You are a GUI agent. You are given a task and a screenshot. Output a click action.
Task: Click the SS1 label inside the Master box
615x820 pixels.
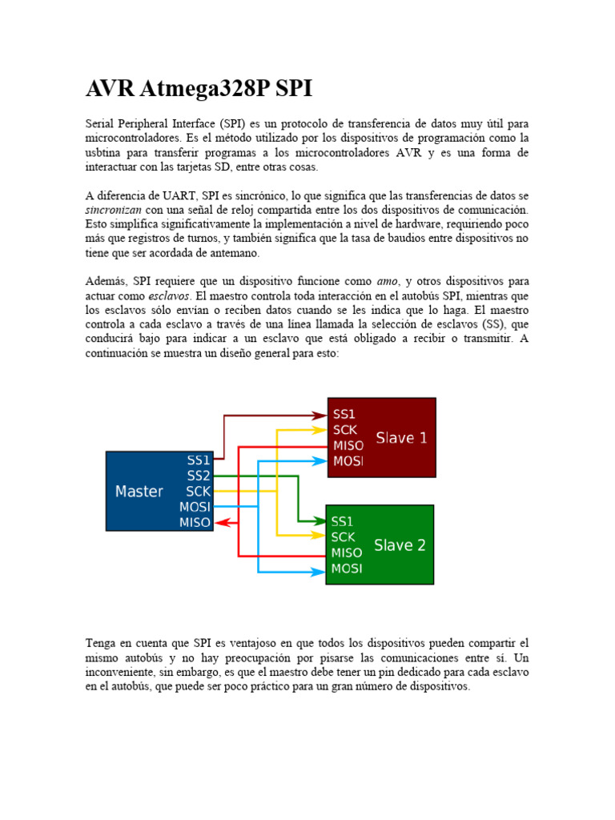tap(199, 460)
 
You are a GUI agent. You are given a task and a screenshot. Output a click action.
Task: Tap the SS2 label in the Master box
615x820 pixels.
tap(199, 476)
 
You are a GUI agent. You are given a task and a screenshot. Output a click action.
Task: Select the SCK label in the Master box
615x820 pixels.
tap(198, 491)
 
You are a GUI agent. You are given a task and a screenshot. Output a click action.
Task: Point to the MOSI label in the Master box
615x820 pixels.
tap(195, 507)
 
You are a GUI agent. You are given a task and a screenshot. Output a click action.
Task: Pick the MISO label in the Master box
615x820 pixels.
tap(195, 522)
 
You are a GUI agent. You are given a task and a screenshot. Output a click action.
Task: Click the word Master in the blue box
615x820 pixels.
tap(139, 491)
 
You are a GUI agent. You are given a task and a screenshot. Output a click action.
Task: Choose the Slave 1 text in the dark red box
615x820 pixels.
tap(401, 438)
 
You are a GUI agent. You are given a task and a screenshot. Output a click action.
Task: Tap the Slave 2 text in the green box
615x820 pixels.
tap(400, 545)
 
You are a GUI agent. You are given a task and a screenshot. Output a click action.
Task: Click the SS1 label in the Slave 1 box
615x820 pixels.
tap(344, 415)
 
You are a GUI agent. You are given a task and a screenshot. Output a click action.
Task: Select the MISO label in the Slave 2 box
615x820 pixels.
tap(347, 553)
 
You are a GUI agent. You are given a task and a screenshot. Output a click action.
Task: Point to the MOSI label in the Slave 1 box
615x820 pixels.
tap(348, 461)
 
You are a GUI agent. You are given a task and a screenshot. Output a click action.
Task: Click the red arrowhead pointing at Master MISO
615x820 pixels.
tap(223, 523)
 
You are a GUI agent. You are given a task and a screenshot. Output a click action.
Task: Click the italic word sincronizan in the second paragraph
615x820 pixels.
tap(115, 210)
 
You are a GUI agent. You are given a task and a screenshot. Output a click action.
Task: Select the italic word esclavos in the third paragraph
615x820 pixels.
tap(169, 296)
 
